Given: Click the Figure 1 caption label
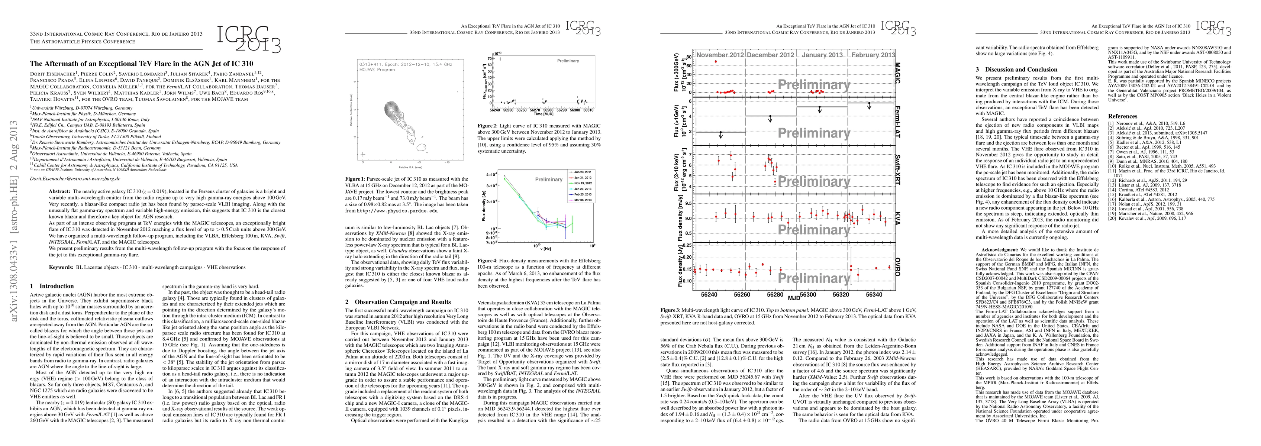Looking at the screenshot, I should coord(354,179).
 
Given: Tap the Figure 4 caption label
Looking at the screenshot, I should coord(487,261).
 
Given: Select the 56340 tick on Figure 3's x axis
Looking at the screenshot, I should coord(874,295).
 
